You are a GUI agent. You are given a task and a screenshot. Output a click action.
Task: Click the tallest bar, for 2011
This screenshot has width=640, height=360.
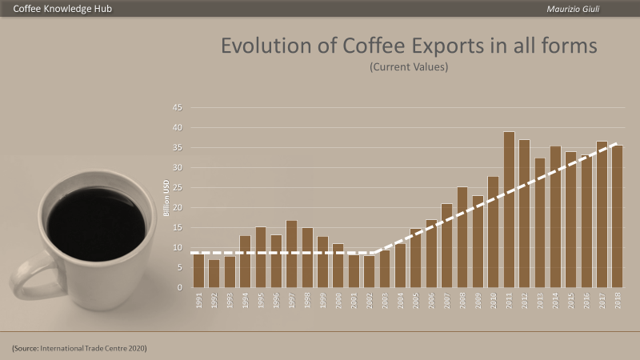[x=509, y=210]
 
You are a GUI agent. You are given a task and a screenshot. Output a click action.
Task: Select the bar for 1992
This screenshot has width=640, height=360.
[x=214, y=274]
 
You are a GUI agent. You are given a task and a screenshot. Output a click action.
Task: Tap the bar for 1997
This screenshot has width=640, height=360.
[x=291, y=254]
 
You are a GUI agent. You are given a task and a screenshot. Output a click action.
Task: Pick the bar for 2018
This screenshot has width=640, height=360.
[x=617, y=216]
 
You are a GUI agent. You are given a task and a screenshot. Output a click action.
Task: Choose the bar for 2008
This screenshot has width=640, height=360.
[x=462, y=237]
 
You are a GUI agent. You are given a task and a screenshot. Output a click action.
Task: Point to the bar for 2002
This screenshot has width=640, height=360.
[x=369, y=271]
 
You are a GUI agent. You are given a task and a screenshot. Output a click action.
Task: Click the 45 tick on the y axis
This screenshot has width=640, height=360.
[x=178, y=108]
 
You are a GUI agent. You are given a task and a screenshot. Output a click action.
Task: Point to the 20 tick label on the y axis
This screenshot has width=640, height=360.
[x=178, y=208]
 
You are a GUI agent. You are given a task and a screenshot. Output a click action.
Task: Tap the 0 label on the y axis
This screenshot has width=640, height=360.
[x=179, y=288]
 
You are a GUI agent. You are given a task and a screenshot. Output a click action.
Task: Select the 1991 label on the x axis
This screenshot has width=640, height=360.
[x=198, y=301]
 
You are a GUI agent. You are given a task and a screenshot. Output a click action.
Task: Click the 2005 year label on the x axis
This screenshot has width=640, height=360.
[x=416, y=301]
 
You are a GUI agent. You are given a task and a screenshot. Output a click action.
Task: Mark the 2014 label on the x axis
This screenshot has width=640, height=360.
[x=555, y=301]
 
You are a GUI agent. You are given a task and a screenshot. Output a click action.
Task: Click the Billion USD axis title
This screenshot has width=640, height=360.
[x=166, y=198]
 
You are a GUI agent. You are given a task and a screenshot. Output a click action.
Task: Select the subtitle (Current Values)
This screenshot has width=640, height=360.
[x=409, y=67]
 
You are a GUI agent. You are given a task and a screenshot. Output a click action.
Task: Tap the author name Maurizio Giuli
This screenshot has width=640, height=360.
[x=573, y=9]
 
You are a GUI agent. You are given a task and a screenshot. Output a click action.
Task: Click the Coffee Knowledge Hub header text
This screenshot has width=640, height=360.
[x=62, y=9]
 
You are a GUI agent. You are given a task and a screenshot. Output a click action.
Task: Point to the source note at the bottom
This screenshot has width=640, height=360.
[x=79, y=348]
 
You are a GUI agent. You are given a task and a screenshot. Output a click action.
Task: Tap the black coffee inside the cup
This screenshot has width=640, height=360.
[x=96, y=224]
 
